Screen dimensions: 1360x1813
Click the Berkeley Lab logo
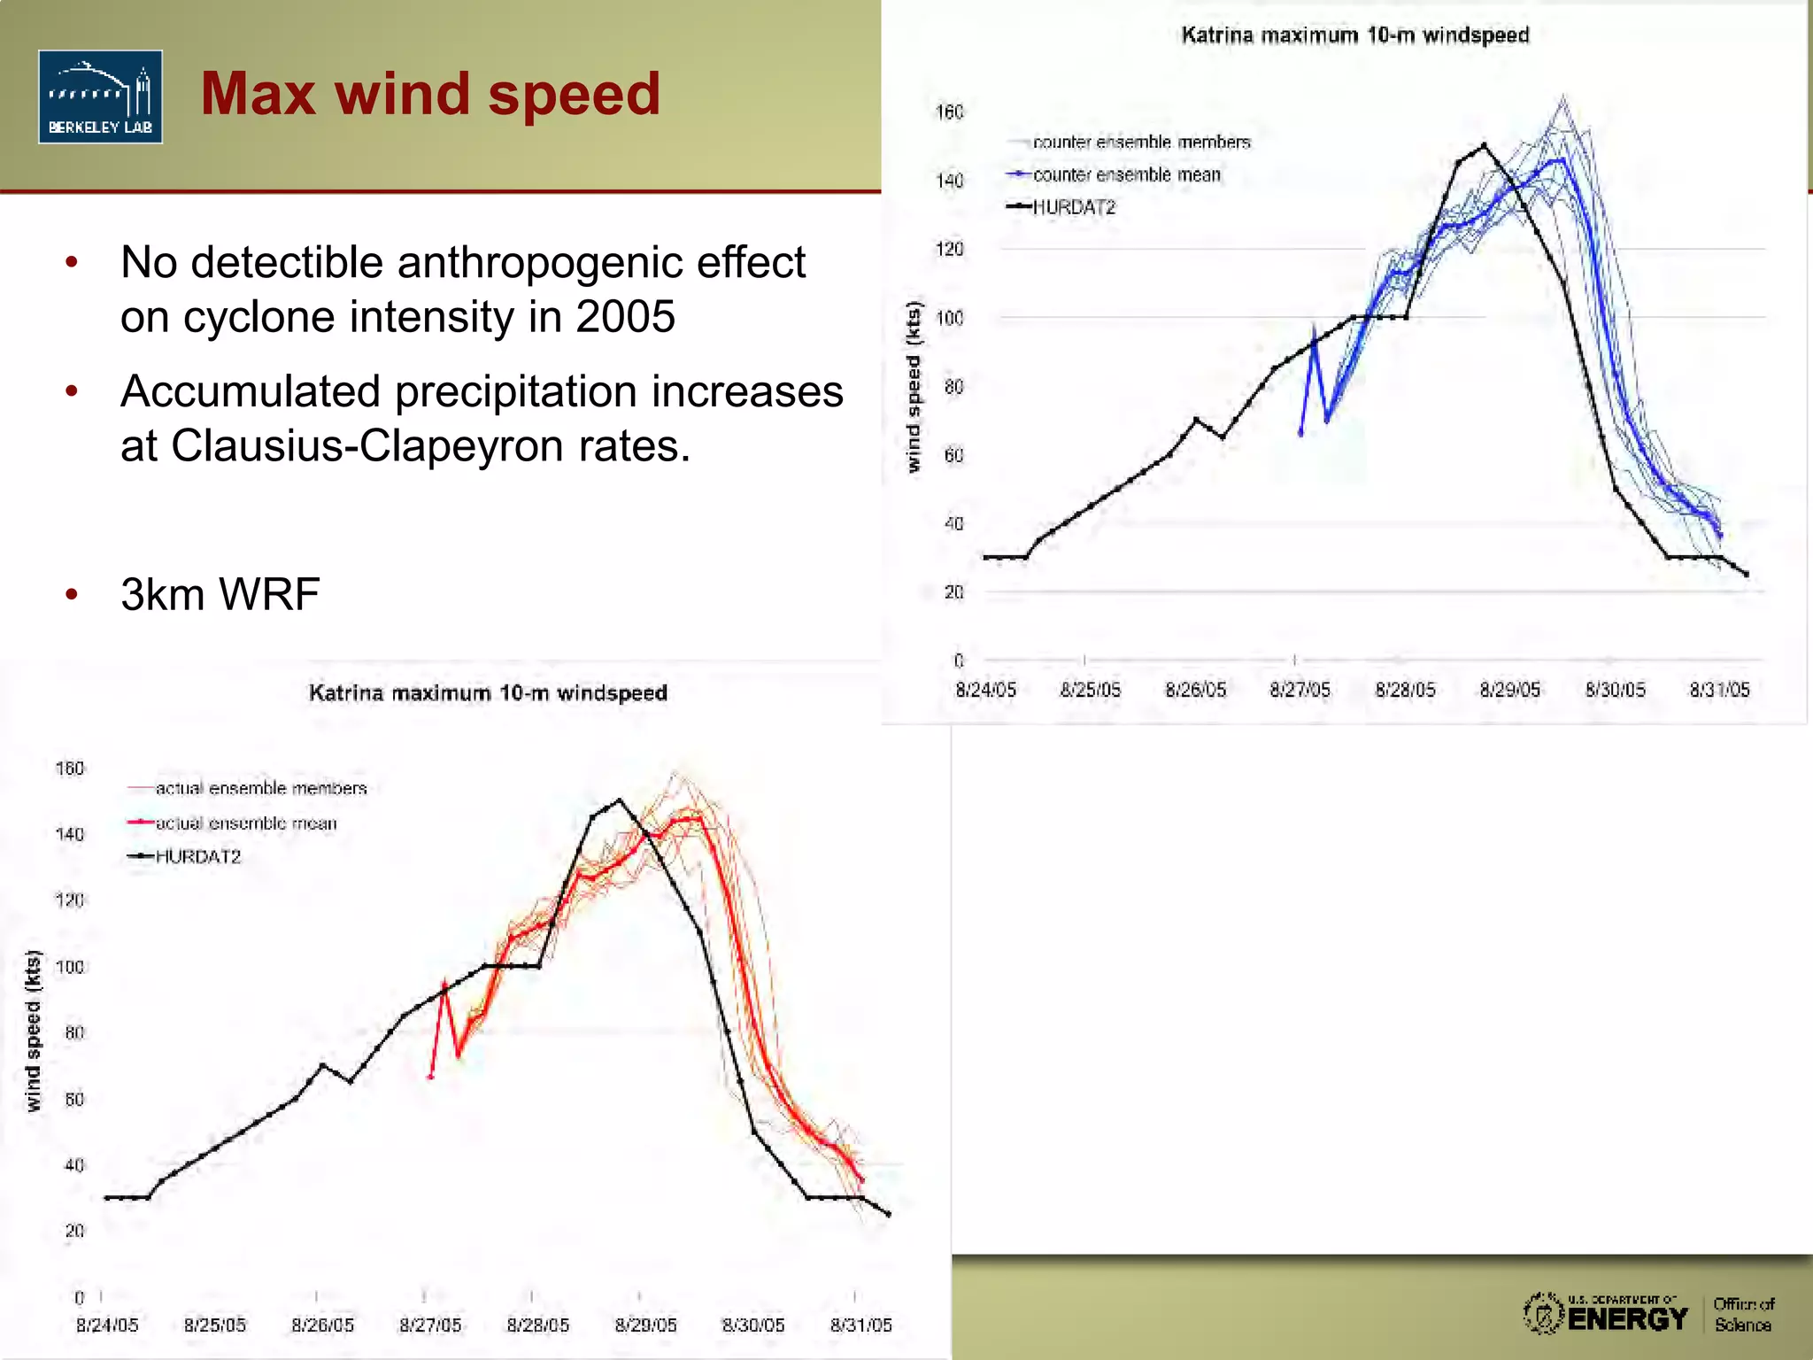[x=100, y=97]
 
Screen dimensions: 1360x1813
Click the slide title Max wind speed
[x=430, y=94]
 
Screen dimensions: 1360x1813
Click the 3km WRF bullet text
[x=220, y=594]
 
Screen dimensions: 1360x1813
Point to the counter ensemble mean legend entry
[x=1126, y=175]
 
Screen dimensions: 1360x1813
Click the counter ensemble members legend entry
[x=1141, y=143]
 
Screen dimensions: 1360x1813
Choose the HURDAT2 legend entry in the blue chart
[x=1074, y=207]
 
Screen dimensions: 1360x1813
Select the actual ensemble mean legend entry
[x=246, y=823]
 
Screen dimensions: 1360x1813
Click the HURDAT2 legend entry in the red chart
[x=197, y=857]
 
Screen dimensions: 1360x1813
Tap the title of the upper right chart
[x=1354, y=35]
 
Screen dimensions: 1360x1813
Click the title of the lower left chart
[x=488, y=693]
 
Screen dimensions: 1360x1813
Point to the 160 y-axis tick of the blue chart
[x=949, y=112]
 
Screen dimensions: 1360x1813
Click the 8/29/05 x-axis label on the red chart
[x=645, y=1325]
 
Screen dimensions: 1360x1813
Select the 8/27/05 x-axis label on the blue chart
[x=1300, y=691]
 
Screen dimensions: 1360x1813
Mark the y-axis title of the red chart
[x=34, y=1031]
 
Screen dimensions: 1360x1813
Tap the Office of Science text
[x=1743, y=1315]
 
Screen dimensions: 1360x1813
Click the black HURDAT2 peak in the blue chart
[x=1484, y=145]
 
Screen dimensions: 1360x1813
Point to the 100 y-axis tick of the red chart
[x=70, y=967]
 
